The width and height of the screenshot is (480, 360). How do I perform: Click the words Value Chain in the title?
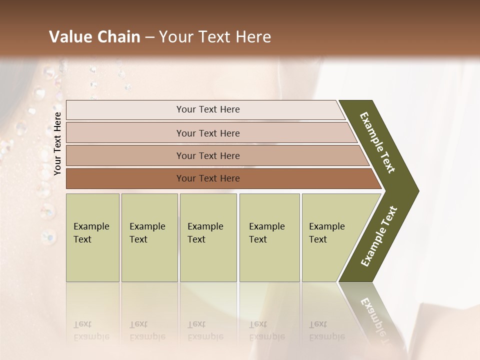[x=94, y=37]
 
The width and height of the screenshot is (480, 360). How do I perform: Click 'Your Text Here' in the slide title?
[x=215, y=37]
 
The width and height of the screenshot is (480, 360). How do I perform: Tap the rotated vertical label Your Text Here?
[x=57, y=143]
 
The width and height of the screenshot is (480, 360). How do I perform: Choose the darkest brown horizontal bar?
[x=125, y=178]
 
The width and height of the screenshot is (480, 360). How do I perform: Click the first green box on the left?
[x=92, y=237]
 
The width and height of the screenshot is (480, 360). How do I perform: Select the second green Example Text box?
[x=149, y=237]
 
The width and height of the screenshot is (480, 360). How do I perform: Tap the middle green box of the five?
[x=208, y=237]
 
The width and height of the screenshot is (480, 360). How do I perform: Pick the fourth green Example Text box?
[x=269, y=237]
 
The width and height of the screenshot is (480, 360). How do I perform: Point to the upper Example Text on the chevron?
[x=377, y=142]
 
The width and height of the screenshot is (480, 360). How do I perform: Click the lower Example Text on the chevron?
[x=379, y=236]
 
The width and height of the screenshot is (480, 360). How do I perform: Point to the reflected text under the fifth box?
[x=326, y=330]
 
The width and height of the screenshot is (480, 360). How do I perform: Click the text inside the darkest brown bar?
[x=208, y=178]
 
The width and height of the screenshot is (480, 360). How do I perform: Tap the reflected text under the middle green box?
[x=205, y=330]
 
